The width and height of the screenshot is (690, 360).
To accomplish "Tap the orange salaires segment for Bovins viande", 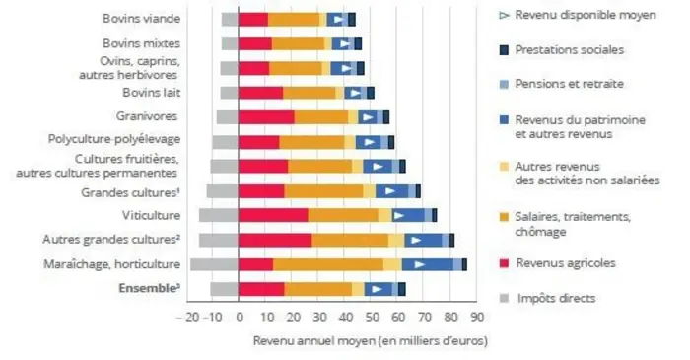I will click(x=294, y=19).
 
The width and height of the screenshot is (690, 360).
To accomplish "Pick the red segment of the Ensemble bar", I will click(x=261, y=288).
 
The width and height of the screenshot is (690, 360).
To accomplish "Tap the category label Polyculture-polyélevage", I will click(x=114, y=140).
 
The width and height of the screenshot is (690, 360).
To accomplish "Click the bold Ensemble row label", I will click(x=149, y=288).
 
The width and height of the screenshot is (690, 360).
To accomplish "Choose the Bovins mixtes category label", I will click(x=141, y=42).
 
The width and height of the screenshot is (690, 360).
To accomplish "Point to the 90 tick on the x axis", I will click(x=475, y=317).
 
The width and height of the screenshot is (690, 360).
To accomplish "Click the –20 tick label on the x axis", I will click(x=185, y=317).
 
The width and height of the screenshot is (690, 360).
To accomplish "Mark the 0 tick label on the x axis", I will click(x=239, y=317).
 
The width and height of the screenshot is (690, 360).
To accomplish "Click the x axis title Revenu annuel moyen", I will click(x=370, y=340).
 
